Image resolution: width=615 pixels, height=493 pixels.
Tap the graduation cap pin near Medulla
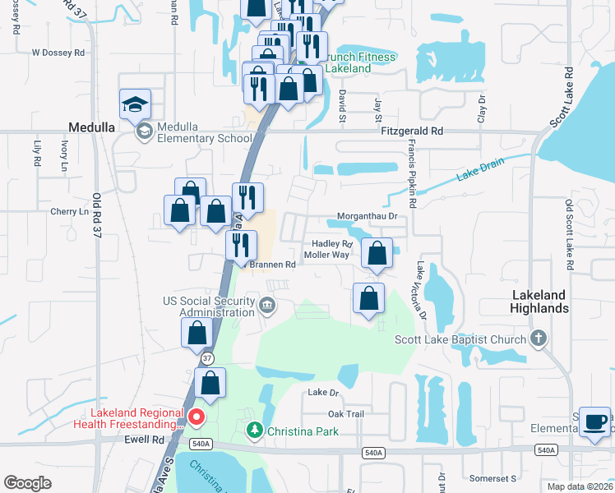[135, 105]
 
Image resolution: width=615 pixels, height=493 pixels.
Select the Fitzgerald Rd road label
[412, 131]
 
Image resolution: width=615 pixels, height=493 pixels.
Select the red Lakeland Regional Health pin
[197, 417]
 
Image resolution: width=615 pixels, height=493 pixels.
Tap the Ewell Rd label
[147, 440]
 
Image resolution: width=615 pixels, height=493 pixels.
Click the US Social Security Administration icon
[266, 306]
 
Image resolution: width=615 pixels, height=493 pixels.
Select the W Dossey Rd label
[58, 53]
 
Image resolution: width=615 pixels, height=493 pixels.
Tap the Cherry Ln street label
[68, 211]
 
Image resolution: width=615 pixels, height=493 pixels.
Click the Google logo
[27, 483]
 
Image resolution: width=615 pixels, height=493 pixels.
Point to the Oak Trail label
[345, 414]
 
